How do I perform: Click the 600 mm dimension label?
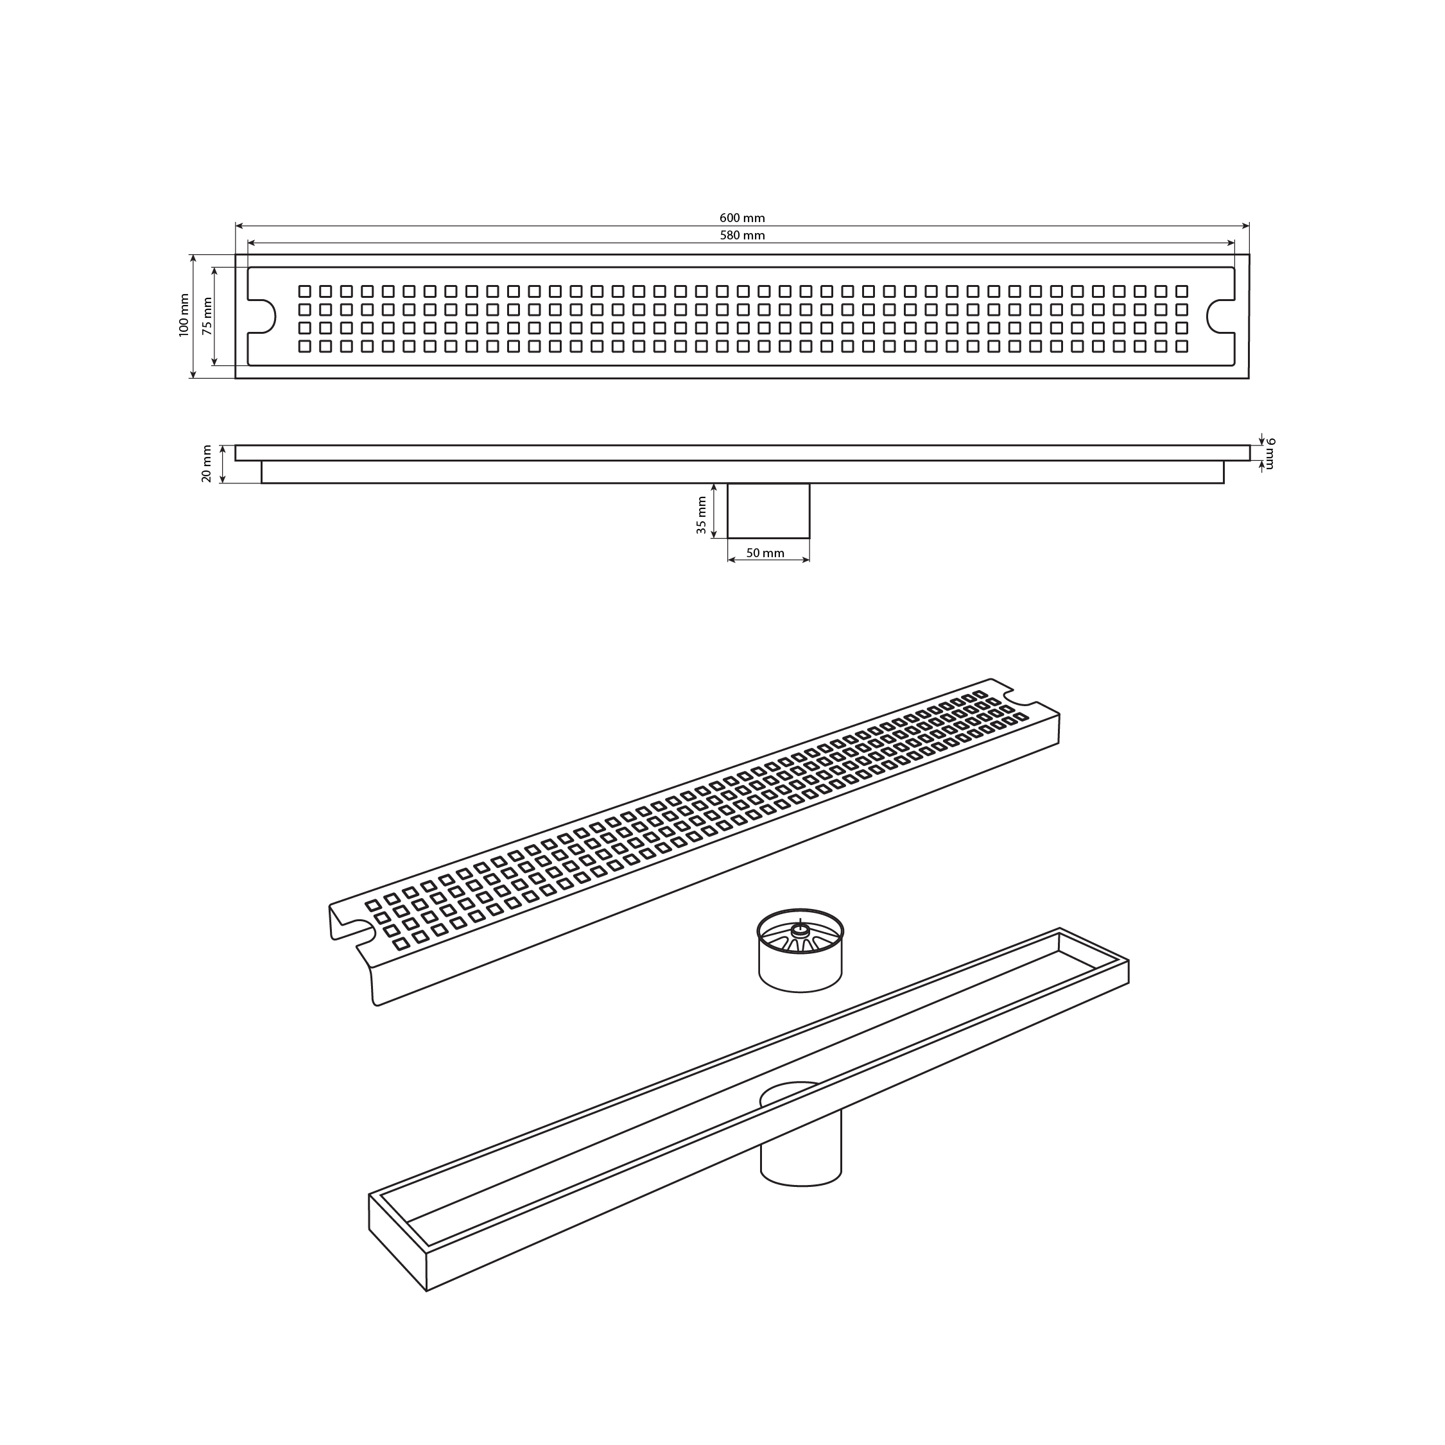(742, 218)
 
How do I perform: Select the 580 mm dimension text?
(742, 235)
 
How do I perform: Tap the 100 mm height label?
(184, 315)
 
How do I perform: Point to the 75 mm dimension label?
(207, 316)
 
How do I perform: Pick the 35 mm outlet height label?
(701, 515)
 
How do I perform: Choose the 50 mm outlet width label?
(765, 553)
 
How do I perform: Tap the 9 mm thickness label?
(1270, 454)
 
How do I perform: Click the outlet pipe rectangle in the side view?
(769, 510)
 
